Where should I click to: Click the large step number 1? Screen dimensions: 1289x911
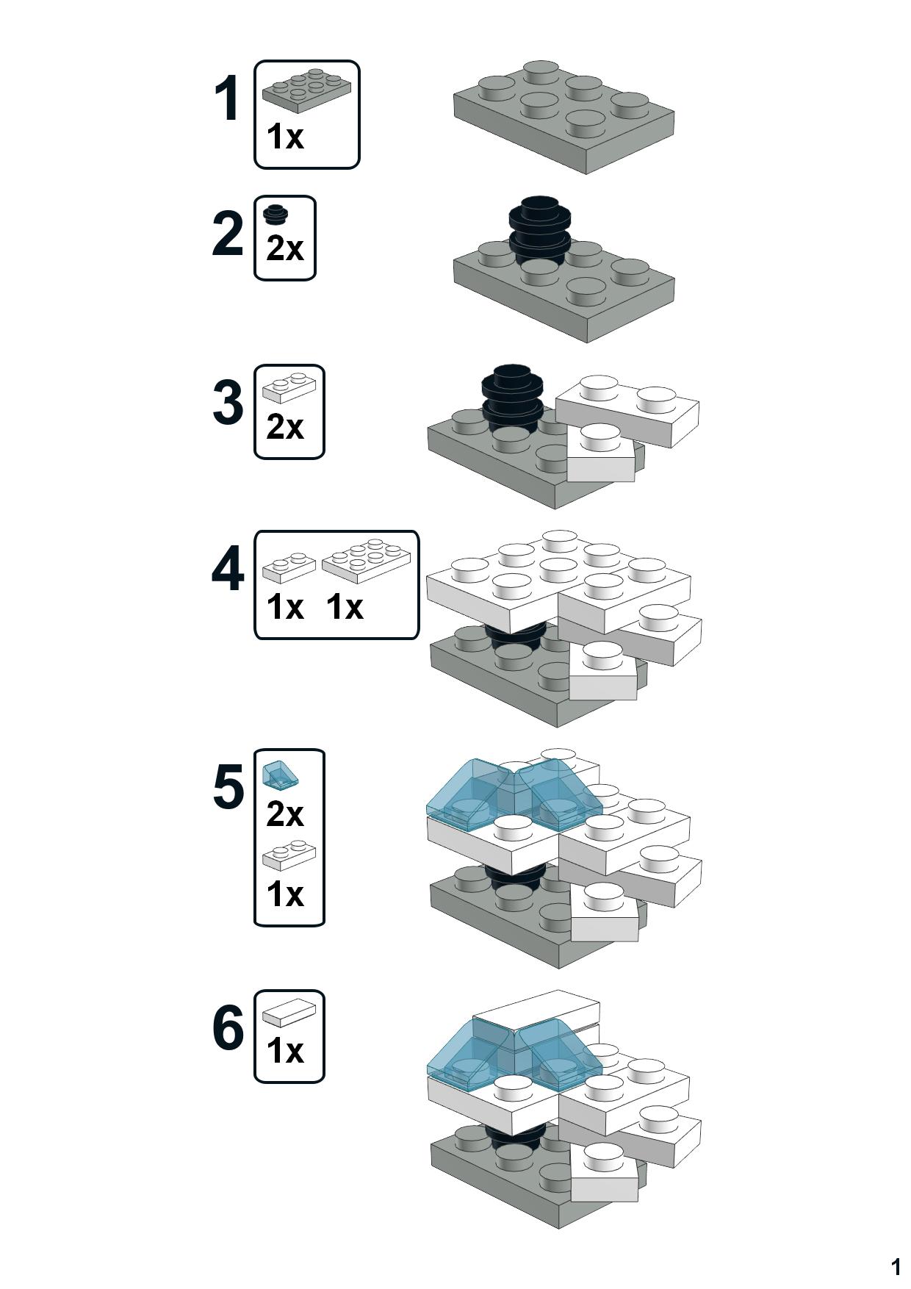pos(227,99)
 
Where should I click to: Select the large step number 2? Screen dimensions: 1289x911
pos(227,234)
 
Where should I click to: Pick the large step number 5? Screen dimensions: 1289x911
pos(228,787)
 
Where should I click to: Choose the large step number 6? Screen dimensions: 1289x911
pos(228,1028)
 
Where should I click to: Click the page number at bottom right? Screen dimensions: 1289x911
pos(895,1266)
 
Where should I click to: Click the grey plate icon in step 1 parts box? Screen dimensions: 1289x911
pos(306,90)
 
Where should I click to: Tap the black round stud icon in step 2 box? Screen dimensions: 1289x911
pos(276,214)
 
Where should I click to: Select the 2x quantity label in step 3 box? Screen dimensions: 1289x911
pos(284,427)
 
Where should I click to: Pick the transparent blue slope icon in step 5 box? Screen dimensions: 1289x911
pos(279,775)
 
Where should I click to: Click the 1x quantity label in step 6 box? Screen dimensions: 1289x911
pos(284,1051)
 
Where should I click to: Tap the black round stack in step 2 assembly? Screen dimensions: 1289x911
pos(540,228)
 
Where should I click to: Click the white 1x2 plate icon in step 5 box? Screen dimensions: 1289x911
pos(289,854)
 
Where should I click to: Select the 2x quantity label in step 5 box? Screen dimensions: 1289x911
pos(284,814)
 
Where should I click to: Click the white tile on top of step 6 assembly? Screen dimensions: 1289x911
pos(536,1009)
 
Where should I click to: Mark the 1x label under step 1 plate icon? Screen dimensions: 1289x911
pos(284,137)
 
